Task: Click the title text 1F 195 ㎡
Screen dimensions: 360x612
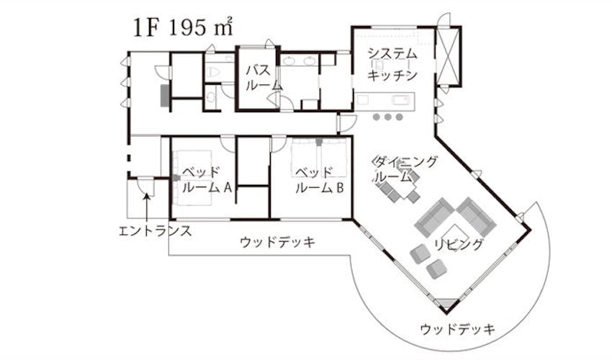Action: [181, 27]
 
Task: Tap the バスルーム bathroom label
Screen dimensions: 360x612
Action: [258, 77]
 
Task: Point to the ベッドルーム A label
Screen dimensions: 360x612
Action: [205, 180]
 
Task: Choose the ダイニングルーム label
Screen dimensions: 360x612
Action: [403, 169]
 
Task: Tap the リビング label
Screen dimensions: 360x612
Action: [459, 244]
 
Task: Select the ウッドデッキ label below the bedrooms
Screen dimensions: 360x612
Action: [277, 242]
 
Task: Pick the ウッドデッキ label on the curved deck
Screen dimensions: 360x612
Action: [457, 330]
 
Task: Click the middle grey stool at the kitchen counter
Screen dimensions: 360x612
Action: [387, 117]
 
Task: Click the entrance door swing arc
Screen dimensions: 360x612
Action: [145, 185]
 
